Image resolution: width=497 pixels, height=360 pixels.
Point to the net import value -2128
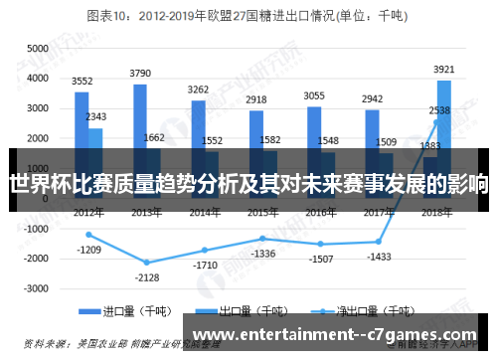pyautogui.click(x=146, y=276)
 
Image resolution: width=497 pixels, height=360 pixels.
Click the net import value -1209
pyautogui.click(x=89, y=249)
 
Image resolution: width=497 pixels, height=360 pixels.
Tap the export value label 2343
pyautogui.click(x=96, y=117)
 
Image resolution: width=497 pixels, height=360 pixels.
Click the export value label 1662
pyautogui.click(x=154, y=138)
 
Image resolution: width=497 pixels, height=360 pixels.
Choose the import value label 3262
pyautogui.click(x=198, y=90)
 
